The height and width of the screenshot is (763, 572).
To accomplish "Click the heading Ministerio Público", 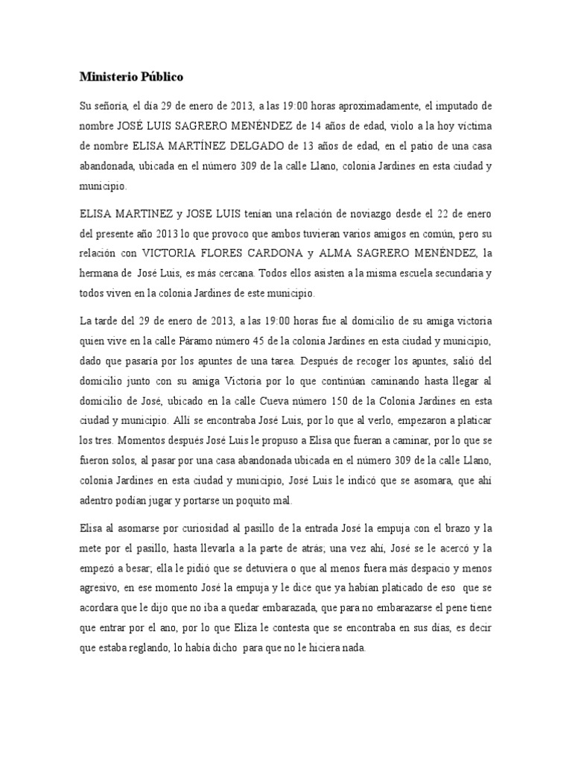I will click(x=130, y=77).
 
